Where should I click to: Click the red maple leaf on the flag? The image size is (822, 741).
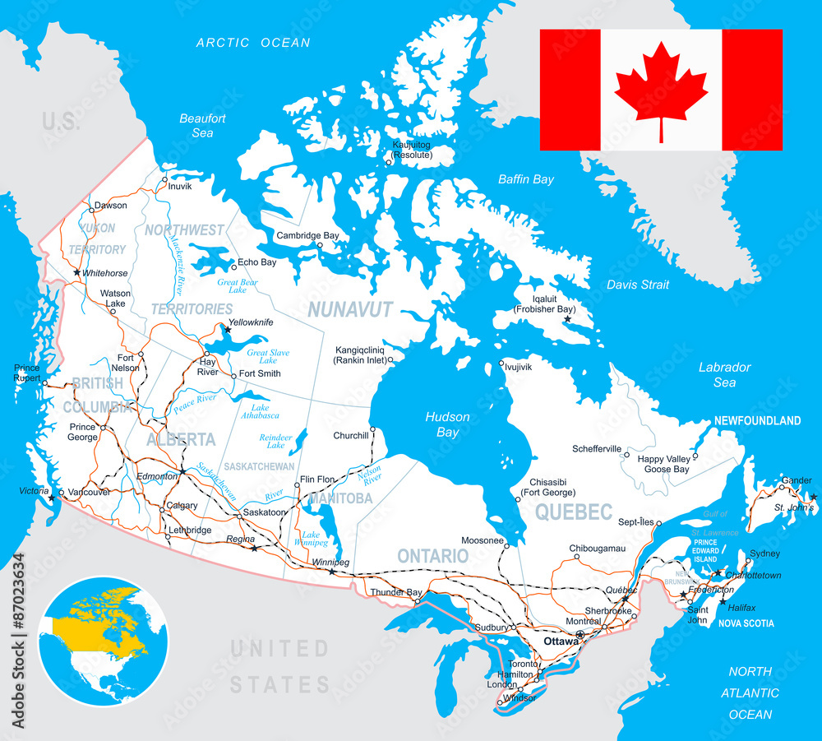(661, 89)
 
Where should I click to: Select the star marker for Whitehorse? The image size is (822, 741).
(76, 272)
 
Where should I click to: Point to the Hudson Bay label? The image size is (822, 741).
(448, 424)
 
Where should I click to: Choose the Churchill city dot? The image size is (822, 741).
(372, 429)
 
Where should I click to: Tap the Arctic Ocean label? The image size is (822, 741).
(253, 43)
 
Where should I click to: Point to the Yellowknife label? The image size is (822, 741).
(251, 322)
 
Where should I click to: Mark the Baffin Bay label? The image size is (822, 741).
(526, 179)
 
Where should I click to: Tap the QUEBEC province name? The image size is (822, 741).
(574, 512)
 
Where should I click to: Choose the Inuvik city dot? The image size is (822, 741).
(164, 179)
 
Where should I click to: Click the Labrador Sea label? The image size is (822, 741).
(724, 375)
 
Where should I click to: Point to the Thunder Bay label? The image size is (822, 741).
(396, 592)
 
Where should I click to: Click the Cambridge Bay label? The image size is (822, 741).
(307, 236)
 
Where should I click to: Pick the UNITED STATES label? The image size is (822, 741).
(279, 666)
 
